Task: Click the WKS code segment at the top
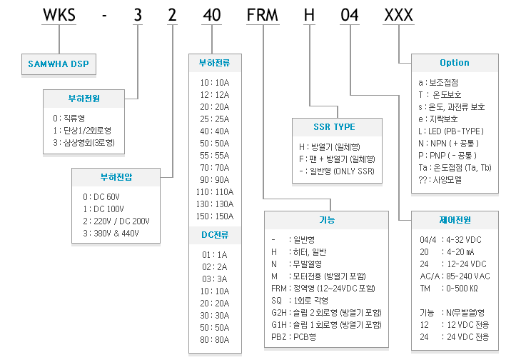(x=59, y=15)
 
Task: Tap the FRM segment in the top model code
(x=263, y=15)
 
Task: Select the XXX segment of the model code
(x=398, y=15)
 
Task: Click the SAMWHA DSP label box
(x=59, y=64)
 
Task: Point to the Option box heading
(x=455, y=63)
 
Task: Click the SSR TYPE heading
(x=334, y=127)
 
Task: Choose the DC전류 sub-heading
(x=215, y=235)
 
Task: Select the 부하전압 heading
(x=116, y=177)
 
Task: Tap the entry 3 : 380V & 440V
(x=111, y=234)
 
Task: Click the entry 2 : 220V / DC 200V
(x=116, y=221)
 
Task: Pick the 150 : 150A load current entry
(x=215, y=216)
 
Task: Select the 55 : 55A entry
(x=215, y=156)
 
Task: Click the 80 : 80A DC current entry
(x=215, y=340)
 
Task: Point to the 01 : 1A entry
(x=215, y=255)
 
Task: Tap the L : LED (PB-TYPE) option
(x=451, y=131)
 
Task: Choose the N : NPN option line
(x=448, y=144)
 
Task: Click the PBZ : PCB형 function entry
(x=293, y=337)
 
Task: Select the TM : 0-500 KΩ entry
(x=449, y=289)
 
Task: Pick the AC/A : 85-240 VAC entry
(x=455, y=276)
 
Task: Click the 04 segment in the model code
(x=350, y=15)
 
